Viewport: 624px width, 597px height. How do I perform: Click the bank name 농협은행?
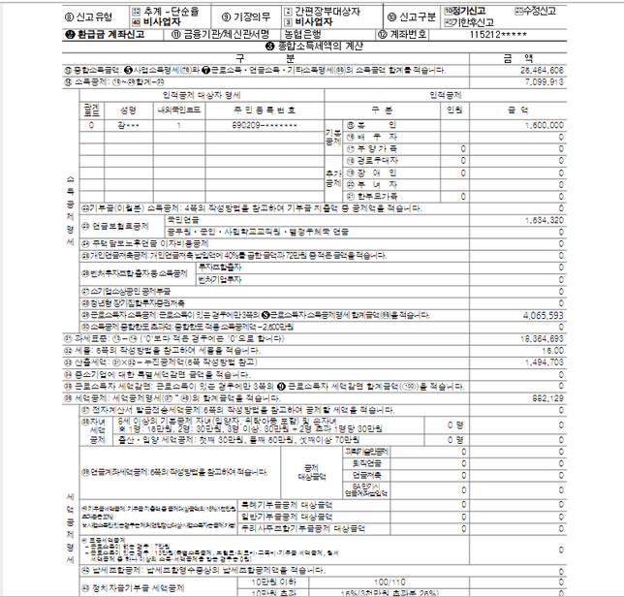click(318, 34)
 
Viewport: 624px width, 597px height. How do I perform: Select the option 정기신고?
click(471, 11)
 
